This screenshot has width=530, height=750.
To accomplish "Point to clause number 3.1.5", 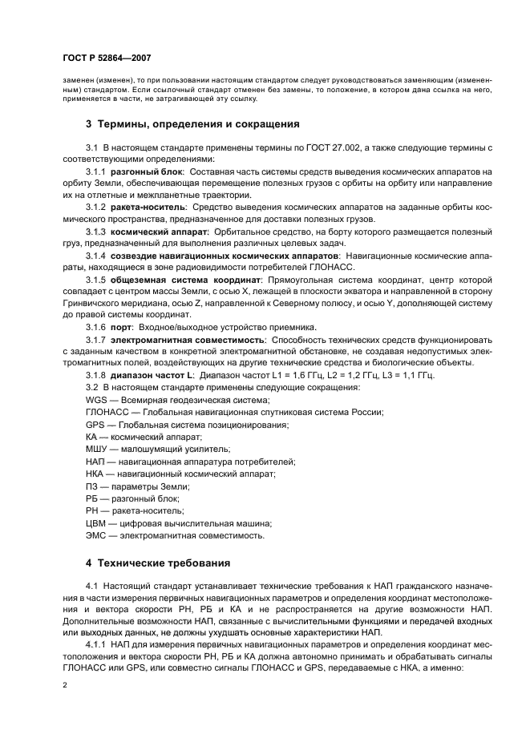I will [95, 280].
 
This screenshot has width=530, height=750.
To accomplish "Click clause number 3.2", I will [91, 387].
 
